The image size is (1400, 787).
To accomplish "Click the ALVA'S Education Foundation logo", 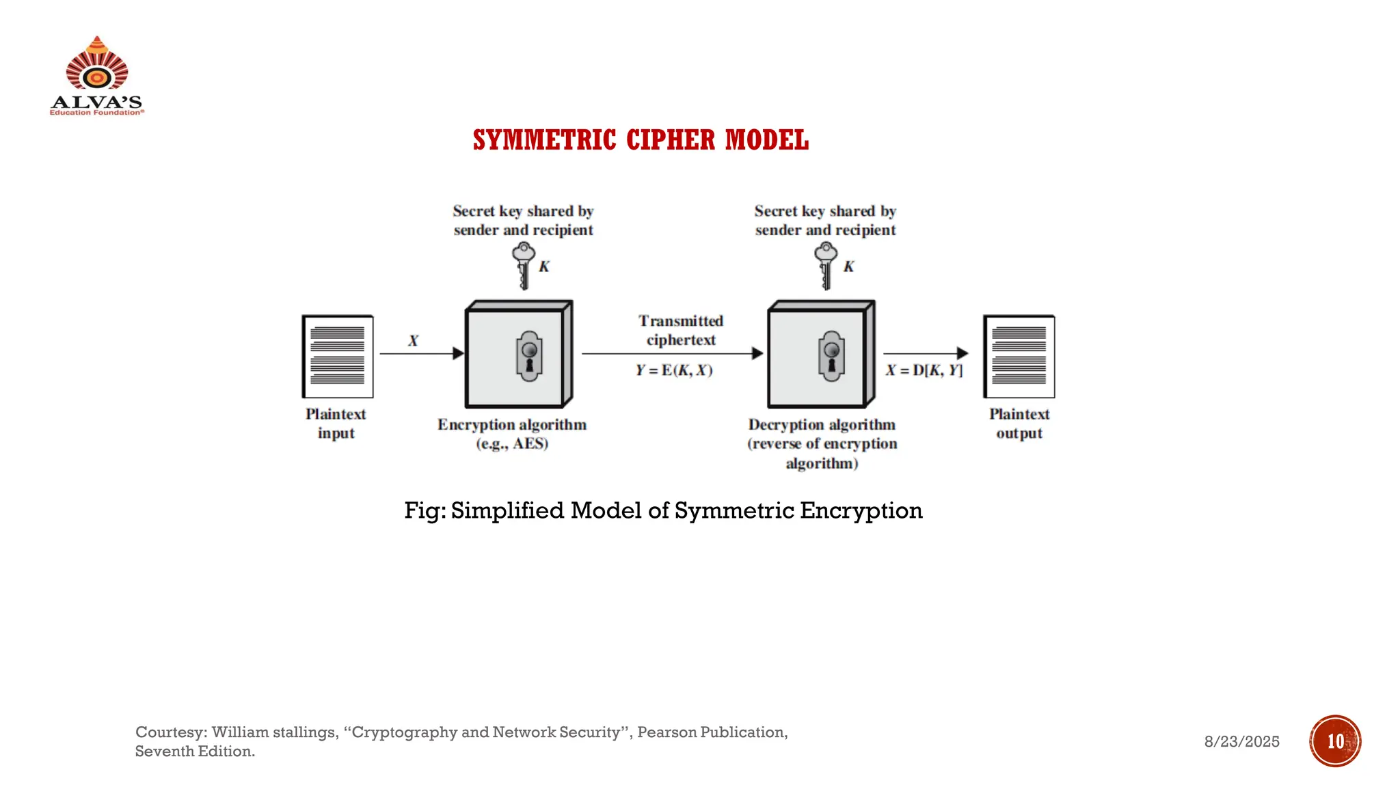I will [x=96, y=76].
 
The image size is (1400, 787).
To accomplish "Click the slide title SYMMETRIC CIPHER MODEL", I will [x=641, y=140].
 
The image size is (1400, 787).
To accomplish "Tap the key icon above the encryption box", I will [x=524, y=265].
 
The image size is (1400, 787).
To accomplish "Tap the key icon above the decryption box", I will [x=826, y=265].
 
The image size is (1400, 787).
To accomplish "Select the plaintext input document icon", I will [x=338, y=356].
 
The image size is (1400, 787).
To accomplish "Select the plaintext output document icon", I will [x=1019, y=356].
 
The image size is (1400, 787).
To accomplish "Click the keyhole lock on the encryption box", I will [x=529, y=355].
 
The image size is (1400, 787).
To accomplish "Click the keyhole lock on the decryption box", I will [x=831, y=355].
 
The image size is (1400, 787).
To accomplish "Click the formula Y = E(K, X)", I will [x=674, y=370].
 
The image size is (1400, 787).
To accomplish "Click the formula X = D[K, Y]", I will [x=924, y=370].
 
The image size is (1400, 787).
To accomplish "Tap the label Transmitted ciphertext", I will [x=681, y=330].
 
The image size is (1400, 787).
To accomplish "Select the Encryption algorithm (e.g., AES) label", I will [x=512, y=434].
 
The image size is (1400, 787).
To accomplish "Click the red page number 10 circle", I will [x=1335, y=741].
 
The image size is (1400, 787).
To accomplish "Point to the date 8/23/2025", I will [x=1241, y=742].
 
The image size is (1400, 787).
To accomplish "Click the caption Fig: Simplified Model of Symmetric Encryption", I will [x=663, y=510].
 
